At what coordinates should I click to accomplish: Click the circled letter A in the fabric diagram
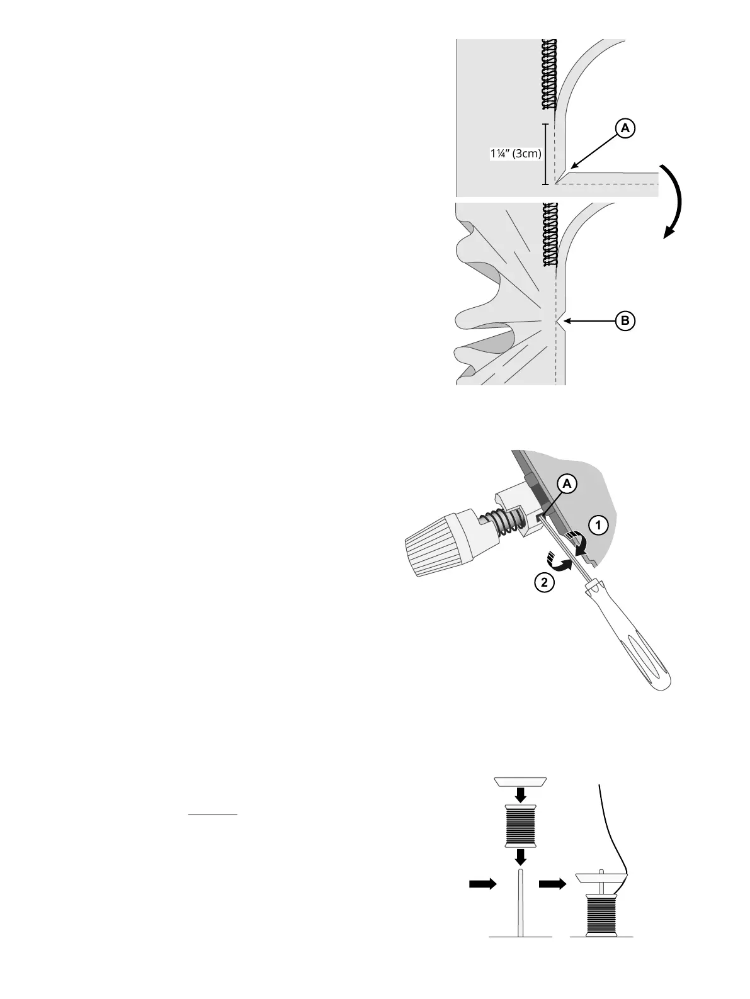click(x=625, y=128)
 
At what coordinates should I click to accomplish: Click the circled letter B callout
click(x=625, y=321)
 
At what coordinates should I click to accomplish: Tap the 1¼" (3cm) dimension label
click(x=516, y=154)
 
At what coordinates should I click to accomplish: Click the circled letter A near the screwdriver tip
click(x=567, y=484)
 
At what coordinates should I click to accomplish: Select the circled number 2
click(x=543, y=583)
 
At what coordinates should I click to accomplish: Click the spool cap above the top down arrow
click(x=520, y=781)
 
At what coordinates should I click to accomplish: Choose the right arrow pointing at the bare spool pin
click(x=482, y=884)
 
